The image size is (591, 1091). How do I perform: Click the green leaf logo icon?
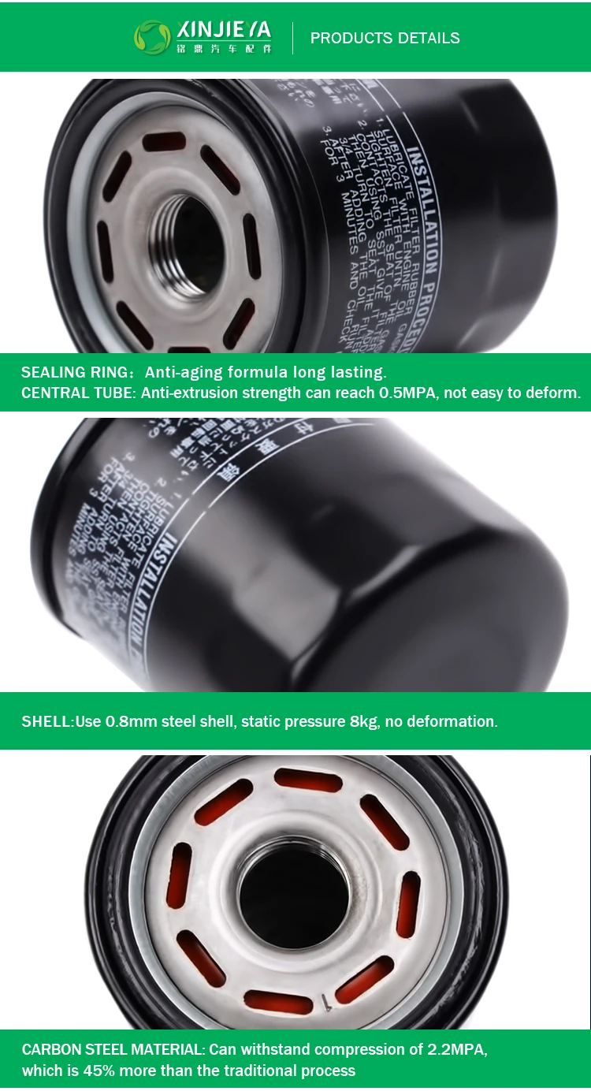(x=152, y=37)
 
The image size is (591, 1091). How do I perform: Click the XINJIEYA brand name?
(x=225, y=30)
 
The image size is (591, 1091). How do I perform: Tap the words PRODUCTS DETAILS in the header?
(x=385, y=38)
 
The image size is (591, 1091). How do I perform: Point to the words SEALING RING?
(x=71, y=372)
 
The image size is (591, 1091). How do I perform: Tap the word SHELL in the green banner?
(x=46, y=721)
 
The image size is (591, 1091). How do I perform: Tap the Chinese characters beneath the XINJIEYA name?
(x=225, y=49)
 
